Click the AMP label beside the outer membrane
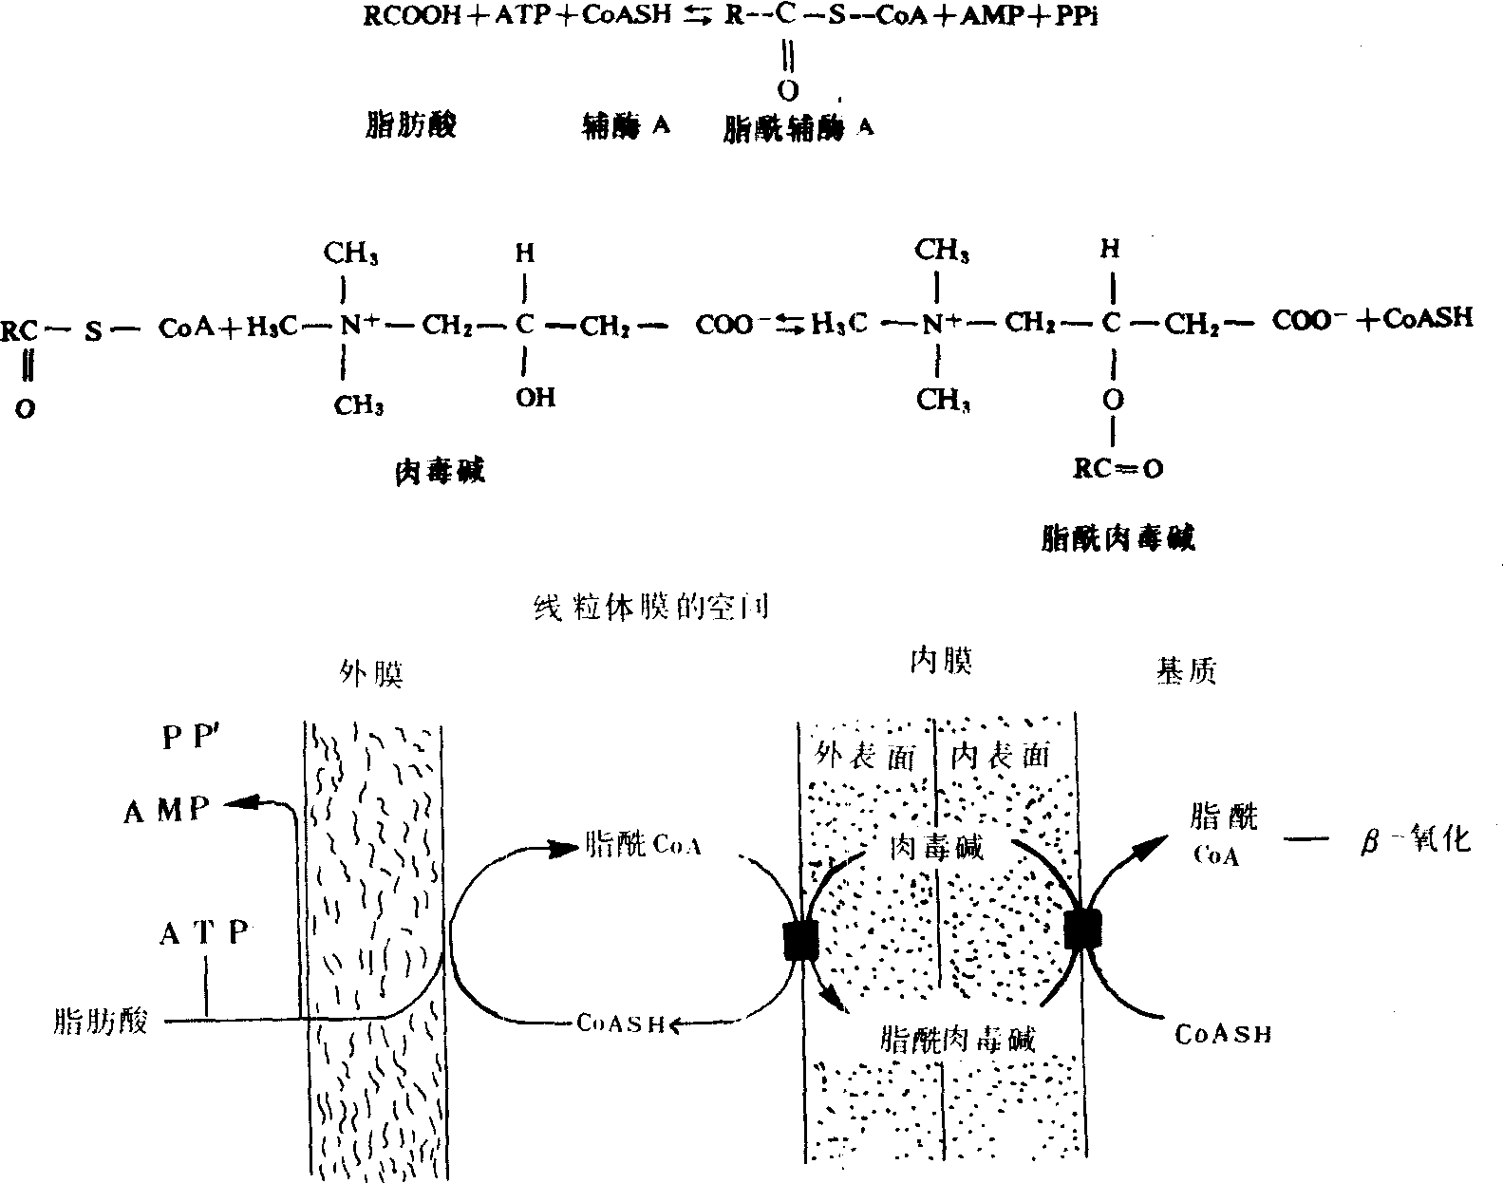click(165, 812)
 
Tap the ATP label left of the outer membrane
click(203, 934)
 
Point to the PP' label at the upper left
click(185, 738)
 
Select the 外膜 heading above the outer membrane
click(372, 673)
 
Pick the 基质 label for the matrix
click(1187, 671)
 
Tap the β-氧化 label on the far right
click(1415, 840)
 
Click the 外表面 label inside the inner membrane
click(866, 757)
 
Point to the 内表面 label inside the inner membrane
click(1003, 756)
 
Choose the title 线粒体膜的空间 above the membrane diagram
click(651, 609)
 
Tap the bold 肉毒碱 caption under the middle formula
click(439, 471)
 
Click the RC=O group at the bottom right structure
click(1117, 469)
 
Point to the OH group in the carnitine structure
click(535, 397)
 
